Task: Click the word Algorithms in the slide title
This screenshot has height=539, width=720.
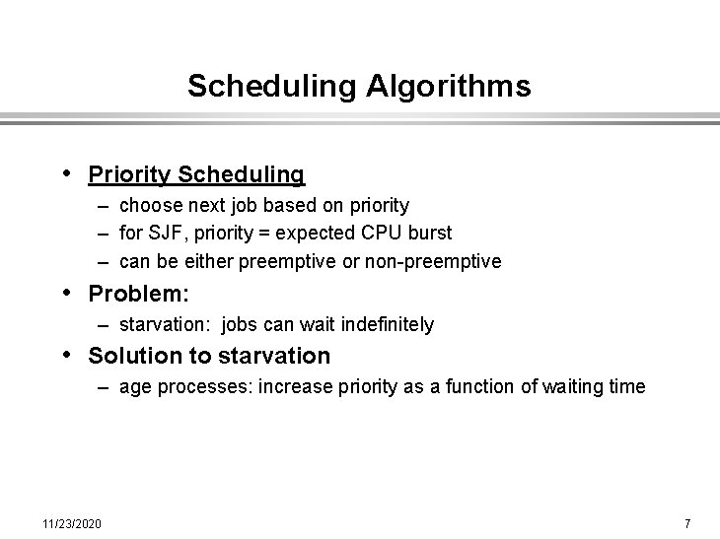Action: tap(448, 87)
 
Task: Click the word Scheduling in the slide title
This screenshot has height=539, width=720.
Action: tap(272, 87)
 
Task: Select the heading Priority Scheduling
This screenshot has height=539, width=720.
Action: tap(196, 174)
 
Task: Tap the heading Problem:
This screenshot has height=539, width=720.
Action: tap(138, 294)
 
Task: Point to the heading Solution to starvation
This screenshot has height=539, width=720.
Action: tap(209, 356)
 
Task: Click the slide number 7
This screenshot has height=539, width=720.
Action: tap(687, 521)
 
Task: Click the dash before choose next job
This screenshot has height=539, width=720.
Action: tap(103, 205)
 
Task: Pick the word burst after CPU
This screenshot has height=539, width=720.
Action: tap(428, 234)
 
